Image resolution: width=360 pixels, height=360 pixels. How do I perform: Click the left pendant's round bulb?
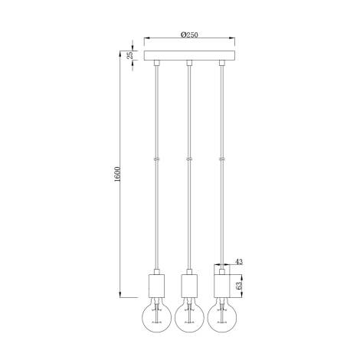click(154, 314)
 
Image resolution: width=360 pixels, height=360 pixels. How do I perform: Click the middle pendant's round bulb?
click(188, 314)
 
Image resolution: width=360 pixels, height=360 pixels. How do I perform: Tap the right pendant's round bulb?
click(223, 314)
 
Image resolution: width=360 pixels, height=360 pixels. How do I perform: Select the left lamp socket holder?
click(154, 286)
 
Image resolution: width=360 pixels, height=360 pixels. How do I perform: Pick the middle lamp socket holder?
click(188, 286)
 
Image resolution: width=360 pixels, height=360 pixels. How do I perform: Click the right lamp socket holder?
click(223, 286)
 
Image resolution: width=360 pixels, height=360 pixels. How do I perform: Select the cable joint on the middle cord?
click(188, 159)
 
